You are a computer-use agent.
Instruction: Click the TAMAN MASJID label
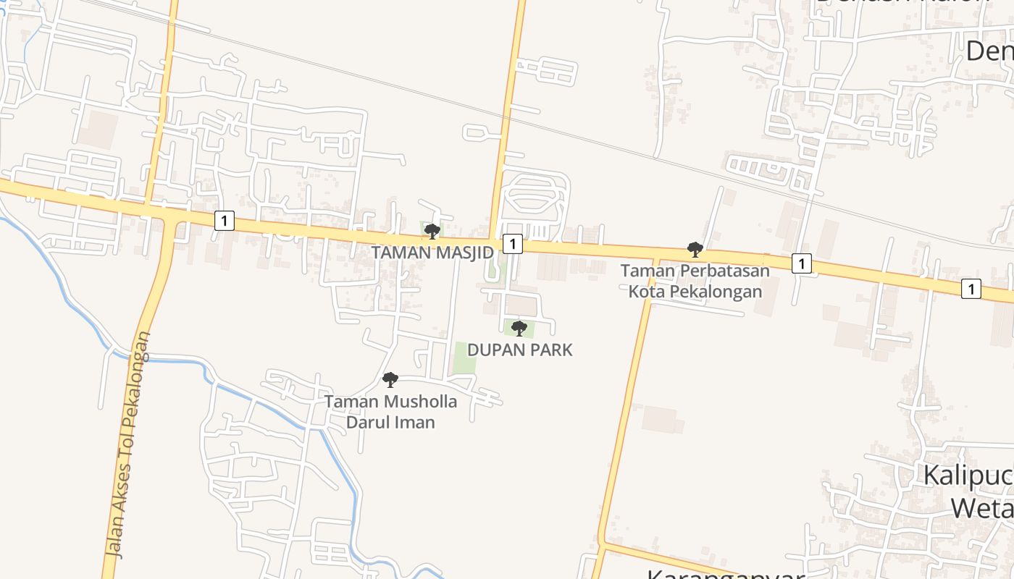click(432, 253)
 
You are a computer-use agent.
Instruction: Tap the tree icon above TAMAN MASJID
click(432, 232)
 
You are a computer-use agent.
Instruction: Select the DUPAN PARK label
click(519, 350)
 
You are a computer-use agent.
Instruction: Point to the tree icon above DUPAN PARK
click(519, 329)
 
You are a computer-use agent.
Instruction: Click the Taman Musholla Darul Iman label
click(390, 412)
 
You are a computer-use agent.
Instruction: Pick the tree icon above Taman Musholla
click(390, 379)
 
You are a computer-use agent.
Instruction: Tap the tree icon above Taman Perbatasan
click(695, 250)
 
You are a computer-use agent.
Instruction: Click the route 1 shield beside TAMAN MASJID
click(512, 244)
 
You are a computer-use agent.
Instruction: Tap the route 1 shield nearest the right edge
click(971, 288)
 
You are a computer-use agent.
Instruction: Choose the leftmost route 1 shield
click(225, 221)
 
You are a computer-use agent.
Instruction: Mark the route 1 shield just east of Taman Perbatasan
click(801, 263)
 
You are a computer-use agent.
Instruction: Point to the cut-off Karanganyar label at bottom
click(724, 574)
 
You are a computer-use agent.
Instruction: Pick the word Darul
click(367, 422)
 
